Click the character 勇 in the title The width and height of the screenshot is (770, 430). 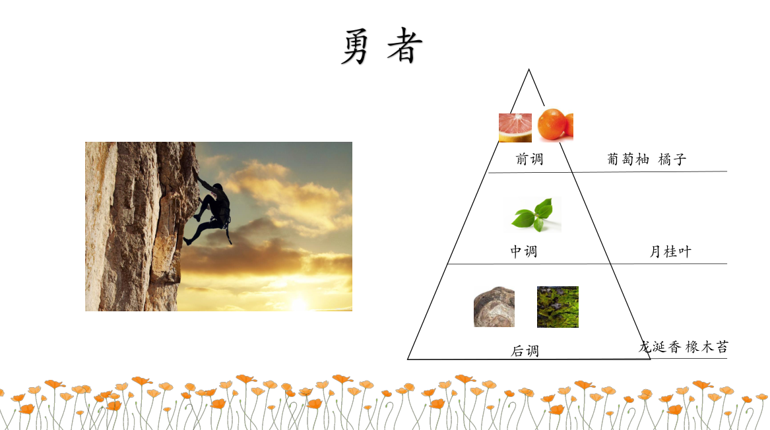coord(355,46)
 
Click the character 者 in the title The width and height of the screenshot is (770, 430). coord(405,45)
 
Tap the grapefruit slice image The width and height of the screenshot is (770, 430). coord(515,128)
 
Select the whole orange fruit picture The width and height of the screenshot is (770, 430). coord(556,125)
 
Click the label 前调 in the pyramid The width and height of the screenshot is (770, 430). coord(529,159)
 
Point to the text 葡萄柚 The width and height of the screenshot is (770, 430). coord(628,159)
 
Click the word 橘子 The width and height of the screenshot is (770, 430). coord(672,159)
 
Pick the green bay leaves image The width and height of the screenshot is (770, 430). coord(533,214)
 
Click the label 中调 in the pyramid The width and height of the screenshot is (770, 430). coord(523,251)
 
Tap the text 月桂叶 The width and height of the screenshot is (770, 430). coord(670,251)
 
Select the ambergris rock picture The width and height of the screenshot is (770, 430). coord(494,307)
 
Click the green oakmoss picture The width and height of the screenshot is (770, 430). coord(558,307)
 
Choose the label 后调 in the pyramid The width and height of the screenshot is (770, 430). coord(525,350)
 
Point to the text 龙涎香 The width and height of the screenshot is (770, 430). coord(660,346)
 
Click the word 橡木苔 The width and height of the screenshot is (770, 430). coord(707,346)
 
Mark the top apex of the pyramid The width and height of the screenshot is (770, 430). coord(529,70)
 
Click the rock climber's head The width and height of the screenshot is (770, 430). coord(218,187)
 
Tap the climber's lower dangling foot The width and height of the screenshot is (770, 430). coord(187,241)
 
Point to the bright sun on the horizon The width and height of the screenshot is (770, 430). coord(298,303)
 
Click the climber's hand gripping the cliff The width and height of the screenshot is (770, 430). coord(196,172)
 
